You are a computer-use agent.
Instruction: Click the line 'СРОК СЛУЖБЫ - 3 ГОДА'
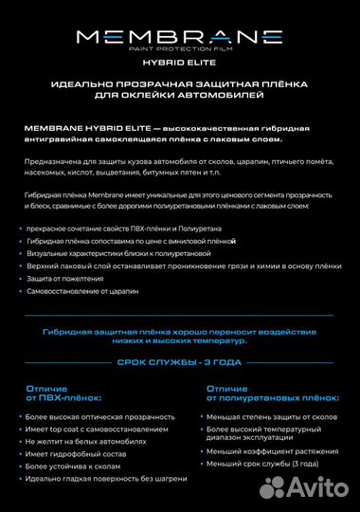pos(180,361)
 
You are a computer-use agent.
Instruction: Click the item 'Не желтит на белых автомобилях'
pos(81,441)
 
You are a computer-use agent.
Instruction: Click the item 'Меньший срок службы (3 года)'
pos(263,464)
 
